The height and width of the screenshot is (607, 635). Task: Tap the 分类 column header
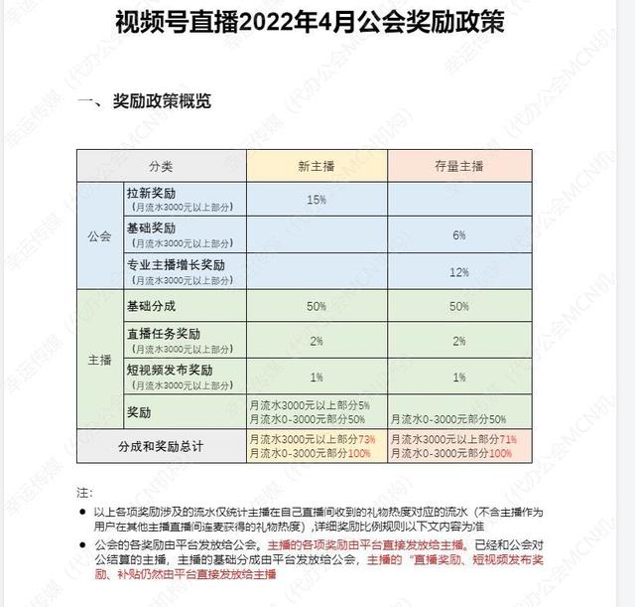tap(161, 164)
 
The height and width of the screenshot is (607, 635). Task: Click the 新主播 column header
tap(317, 164)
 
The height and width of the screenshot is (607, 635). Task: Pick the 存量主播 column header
tap(457, 164)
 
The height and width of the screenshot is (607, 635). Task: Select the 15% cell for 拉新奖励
tap(317, 200)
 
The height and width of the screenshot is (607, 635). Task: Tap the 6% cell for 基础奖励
tap(458, 235)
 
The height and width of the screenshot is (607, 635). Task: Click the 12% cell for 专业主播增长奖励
tap(458, 271)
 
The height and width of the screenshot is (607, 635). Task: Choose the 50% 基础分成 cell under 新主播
tap(317, 307)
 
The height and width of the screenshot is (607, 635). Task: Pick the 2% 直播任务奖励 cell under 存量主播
tap(458, 342)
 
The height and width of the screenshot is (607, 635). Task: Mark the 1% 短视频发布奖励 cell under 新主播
tap(317, 378)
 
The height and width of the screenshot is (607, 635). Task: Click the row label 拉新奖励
tap(152, 193)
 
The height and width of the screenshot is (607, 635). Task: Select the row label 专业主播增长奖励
tap(177, 264)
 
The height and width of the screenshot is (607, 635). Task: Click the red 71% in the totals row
tap(507, 439)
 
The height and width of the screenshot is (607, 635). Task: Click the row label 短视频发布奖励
tap(170, 371)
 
